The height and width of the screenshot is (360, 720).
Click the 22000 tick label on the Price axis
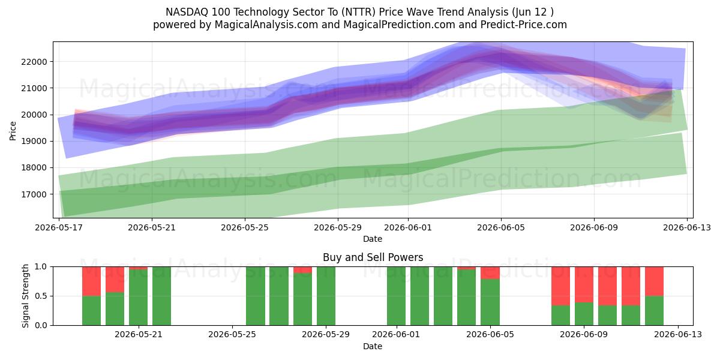tap(34, 62)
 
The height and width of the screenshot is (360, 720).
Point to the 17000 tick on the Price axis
tap(34, 194)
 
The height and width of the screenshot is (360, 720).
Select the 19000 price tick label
tap(34, 142)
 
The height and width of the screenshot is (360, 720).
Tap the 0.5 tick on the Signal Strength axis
tap(41, 296)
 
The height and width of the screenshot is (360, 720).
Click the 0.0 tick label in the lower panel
tap(41, 325)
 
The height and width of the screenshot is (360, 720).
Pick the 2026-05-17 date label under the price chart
tap(59, 227)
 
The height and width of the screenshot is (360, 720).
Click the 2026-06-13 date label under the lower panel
tap(678, 335)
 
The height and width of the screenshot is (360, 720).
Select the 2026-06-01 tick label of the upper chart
tap(408, 227)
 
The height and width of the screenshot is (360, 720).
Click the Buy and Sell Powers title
tap(373, 257)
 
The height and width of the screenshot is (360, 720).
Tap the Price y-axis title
tap(13, 131)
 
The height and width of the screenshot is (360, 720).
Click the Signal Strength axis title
tap(25, 296)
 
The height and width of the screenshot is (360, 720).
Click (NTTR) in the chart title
tap(358, 12)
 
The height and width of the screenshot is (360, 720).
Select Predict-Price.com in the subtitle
tap(524, 25)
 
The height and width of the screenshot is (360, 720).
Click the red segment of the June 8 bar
tap(560, 286)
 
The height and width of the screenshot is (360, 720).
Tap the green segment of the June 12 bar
tap(654, 311)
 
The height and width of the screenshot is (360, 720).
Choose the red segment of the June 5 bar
tap(490, 273)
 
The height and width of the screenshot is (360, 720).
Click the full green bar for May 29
tap(326, 296)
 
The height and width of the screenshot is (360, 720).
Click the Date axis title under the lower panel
tap(373, 346)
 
